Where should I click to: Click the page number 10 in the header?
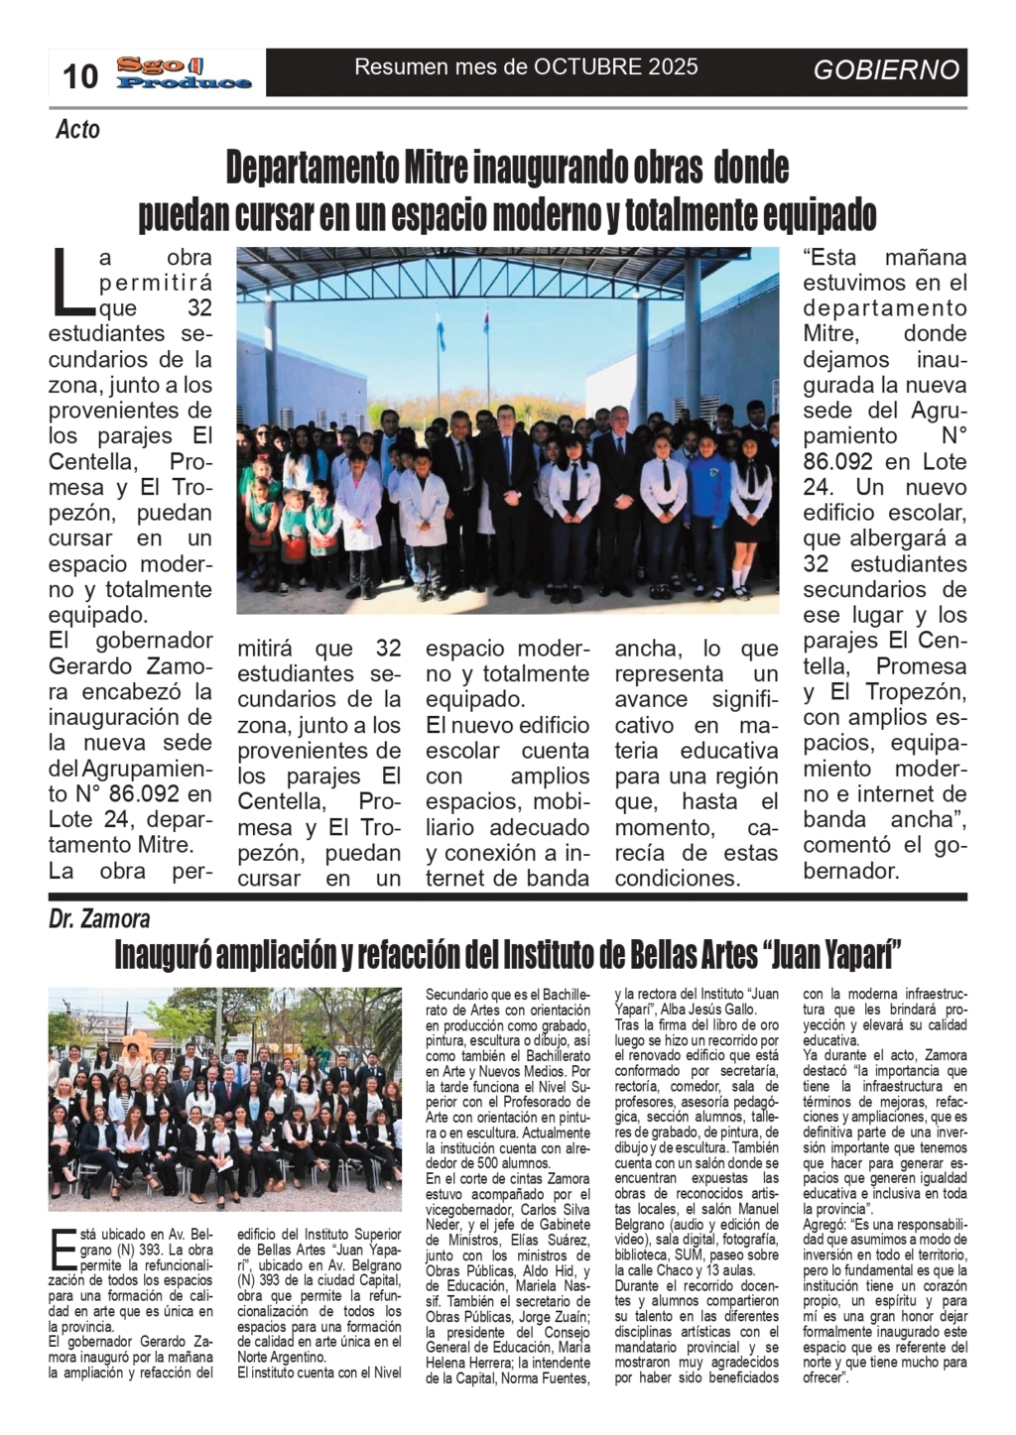click(x=80, y=75)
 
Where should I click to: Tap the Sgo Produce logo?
click(x=184, y=72)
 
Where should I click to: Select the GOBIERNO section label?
click(x=886, y=69)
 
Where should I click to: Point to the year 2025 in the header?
click(x=674, y=67)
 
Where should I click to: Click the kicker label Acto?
click(x=77, y=130)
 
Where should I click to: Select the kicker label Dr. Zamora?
click(x=99, y=920)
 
